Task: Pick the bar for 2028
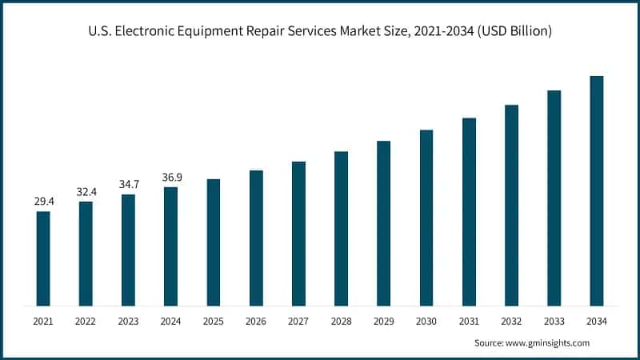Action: point(341,228)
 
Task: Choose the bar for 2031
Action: point(469,211)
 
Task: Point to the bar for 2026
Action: point(256,238)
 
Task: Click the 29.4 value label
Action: point(43,201)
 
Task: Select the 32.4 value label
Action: point(86,191)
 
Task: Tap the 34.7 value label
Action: point(128,184)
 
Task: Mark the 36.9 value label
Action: point(171,177)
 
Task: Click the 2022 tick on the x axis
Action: point(86,321)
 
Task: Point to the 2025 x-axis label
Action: point(214,321)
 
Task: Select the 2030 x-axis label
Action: point(426,321)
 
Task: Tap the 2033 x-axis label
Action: point(554,321)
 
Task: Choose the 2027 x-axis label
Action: point(298,321)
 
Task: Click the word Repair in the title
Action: point(270,32)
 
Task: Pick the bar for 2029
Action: point(384,223)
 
